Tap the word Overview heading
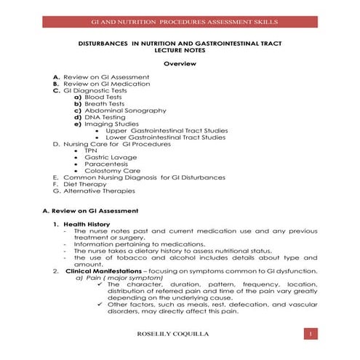(179, 64)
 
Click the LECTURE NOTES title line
(180, 52)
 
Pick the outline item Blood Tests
(105, 97)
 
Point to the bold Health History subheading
(87, 224)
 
